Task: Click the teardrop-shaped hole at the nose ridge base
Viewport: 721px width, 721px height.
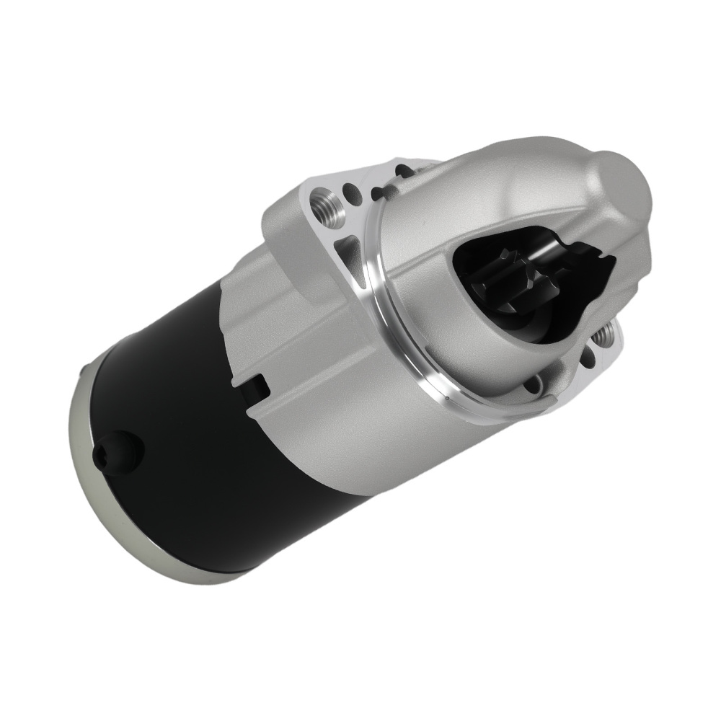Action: tap(376, 192)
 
